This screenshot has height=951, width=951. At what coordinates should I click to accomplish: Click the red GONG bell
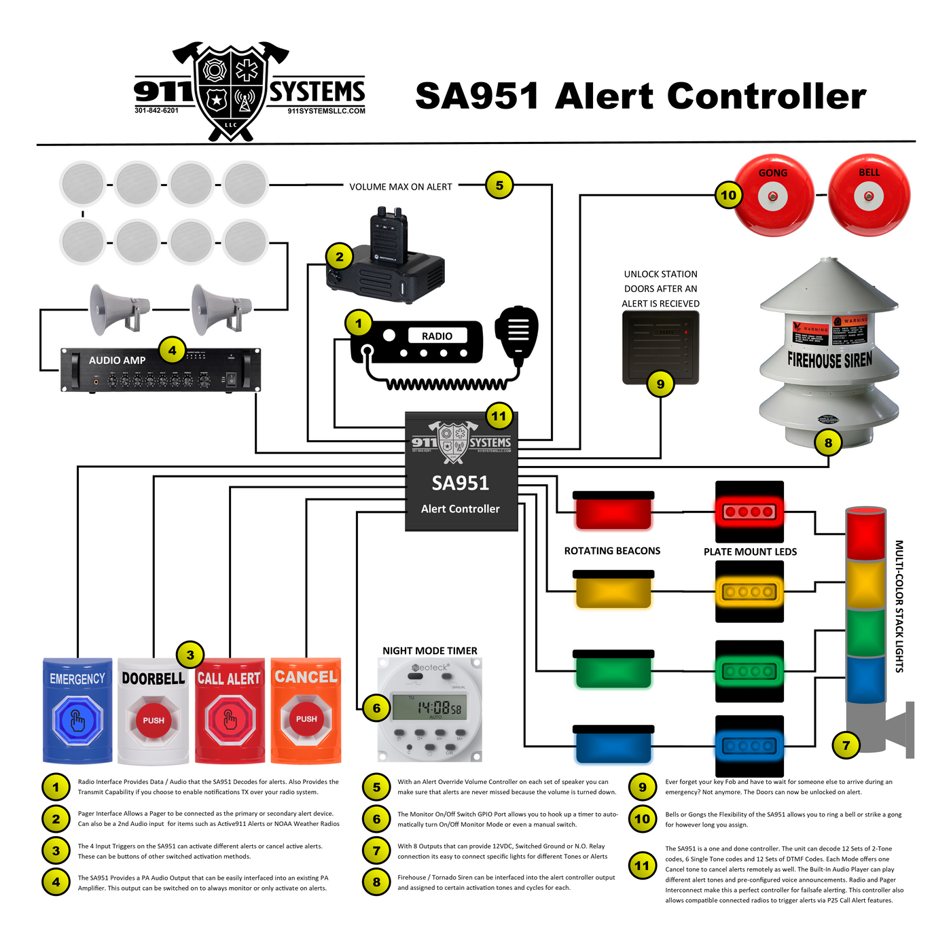coord(773,196)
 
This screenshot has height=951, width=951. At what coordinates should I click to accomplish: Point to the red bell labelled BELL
coord(869,196)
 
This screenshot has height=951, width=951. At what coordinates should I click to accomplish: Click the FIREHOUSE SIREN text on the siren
coord(829,359)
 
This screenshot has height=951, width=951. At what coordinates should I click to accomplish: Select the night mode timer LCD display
coord(429,708)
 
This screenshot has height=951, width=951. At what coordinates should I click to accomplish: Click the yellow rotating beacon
coord(613,591)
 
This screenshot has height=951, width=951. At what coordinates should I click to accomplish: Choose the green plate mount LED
coord(749,671)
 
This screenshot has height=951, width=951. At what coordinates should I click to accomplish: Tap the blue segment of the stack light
coord(865,681)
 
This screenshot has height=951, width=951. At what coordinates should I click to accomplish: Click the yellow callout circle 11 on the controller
coord(499,416)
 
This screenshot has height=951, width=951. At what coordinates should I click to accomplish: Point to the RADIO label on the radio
coord(437,336)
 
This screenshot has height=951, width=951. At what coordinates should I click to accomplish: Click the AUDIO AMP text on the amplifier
coord(117,361)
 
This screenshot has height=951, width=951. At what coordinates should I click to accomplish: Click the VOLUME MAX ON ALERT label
coord(400,187)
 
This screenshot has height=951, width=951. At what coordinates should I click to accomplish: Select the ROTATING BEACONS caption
coord(612,551)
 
